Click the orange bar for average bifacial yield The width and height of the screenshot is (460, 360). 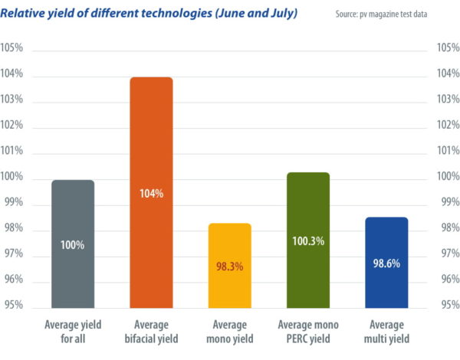coord(151,153)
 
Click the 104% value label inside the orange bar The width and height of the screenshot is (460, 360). coord(152,194)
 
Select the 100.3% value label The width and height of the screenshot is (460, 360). coord(307,241)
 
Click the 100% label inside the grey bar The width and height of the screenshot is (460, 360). coord(73,246)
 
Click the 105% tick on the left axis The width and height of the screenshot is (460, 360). coord(12,48)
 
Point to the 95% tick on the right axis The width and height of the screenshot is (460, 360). coord(447,306)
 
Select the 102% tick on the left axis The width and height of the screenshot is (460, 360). coord(12,126)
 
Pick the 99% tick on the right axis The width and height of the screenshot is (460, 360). coord(447,203)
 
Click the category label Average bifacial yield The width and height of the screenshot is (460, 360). coord(152,331)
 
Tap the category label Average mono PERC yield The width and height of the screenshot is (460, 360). coord(307,331)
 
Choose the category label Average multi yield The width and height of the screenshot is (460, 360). coord(386,331)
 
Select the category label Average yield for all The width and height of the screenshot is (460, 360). coord(73,331)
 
